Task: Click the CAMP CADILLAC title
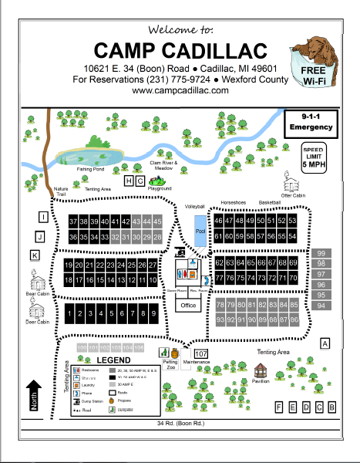pyautogui.click(x=180, y=51)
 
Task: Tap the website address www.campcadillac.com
pyautogui.click(x=180, y=90)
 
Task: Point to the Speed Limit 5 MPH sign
pyautogui.click(x=313, y=157)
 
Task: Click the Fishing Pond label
pyautogui.click(x=89, y=168)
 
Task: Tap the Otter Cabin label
pyautogui.click(x=294, y=195)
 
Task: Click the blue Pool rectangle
pyautogui.click(x=200, y=232)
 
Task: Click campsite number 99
pyautogui.click(x=322, y=253)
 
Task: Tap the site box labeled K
pyautogui.click(x=35, y=255)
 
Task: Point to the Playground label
pyautogui.click(x=160, y=188)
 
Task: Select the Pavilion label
pyautogui.click(x=261, y=380)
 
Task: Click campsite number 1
pyautogui.click(x=70, y=314)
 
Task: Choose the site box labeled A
pyautogui.click(x=325, y=343)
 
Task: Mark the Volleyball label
pyautogui.click(x=195, y=208)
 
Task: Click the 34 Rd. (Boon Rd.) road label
pyautogui.click(x=180, y=424)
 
